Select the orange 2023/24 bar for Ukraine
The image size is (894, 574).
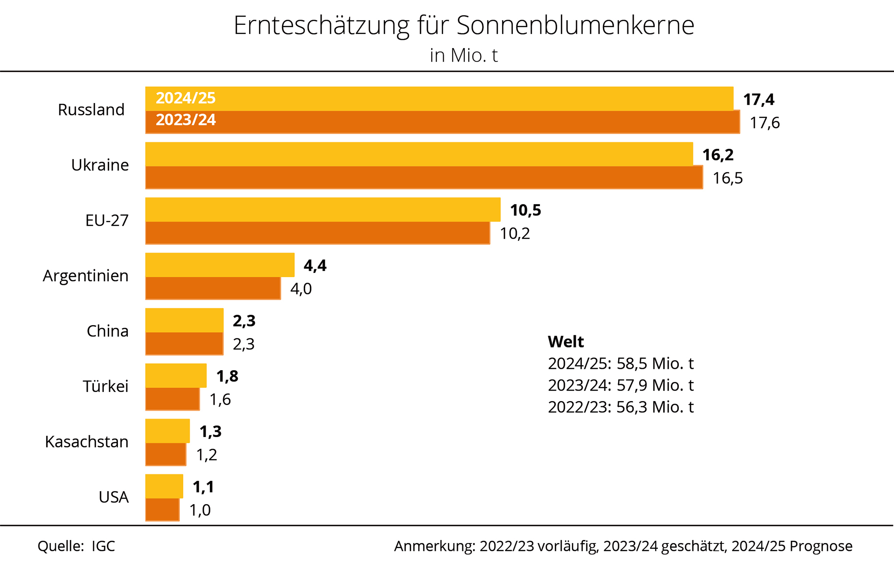(x=423, y=178)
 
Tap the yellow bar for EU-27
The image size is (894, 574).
(x=323, y=210)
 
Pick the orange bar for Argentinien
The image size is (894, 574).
(x=213, y=289)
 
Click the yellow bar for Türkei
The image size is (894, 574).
(x=175, y=375)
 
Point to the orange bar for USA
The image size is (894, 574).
(x=162, y=510)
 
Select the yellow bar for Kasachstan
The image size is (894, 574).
(x=167, y=431)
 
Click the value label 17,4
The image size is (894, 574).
(x=759, y=100)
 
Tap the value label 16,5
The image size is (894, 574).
(x=728, y=178)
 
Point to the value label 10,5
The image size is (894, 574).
(x=526, y=210)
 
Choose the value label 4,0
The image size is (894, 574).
(x=301, y=289)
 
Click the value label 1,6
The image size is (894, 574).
(x=220, y=399)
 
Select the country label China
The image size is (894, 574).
(x=107, y=331)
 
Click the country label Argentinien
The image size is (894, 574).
(x=86, y=276)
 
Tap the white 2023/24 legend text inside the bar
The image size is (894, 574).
(x=186, y=120)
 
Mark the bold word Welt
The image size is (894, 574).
(x=566, y=342)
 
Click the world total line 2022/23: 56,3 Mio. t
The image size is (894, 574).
(x=620, y=407)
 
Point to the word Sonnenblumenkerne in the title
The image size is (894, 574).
(x=575, y=25)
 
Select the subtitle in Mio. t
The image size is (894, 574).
(x=464, y=55)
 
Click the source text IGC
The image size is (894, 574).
(x=103, y=546)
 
